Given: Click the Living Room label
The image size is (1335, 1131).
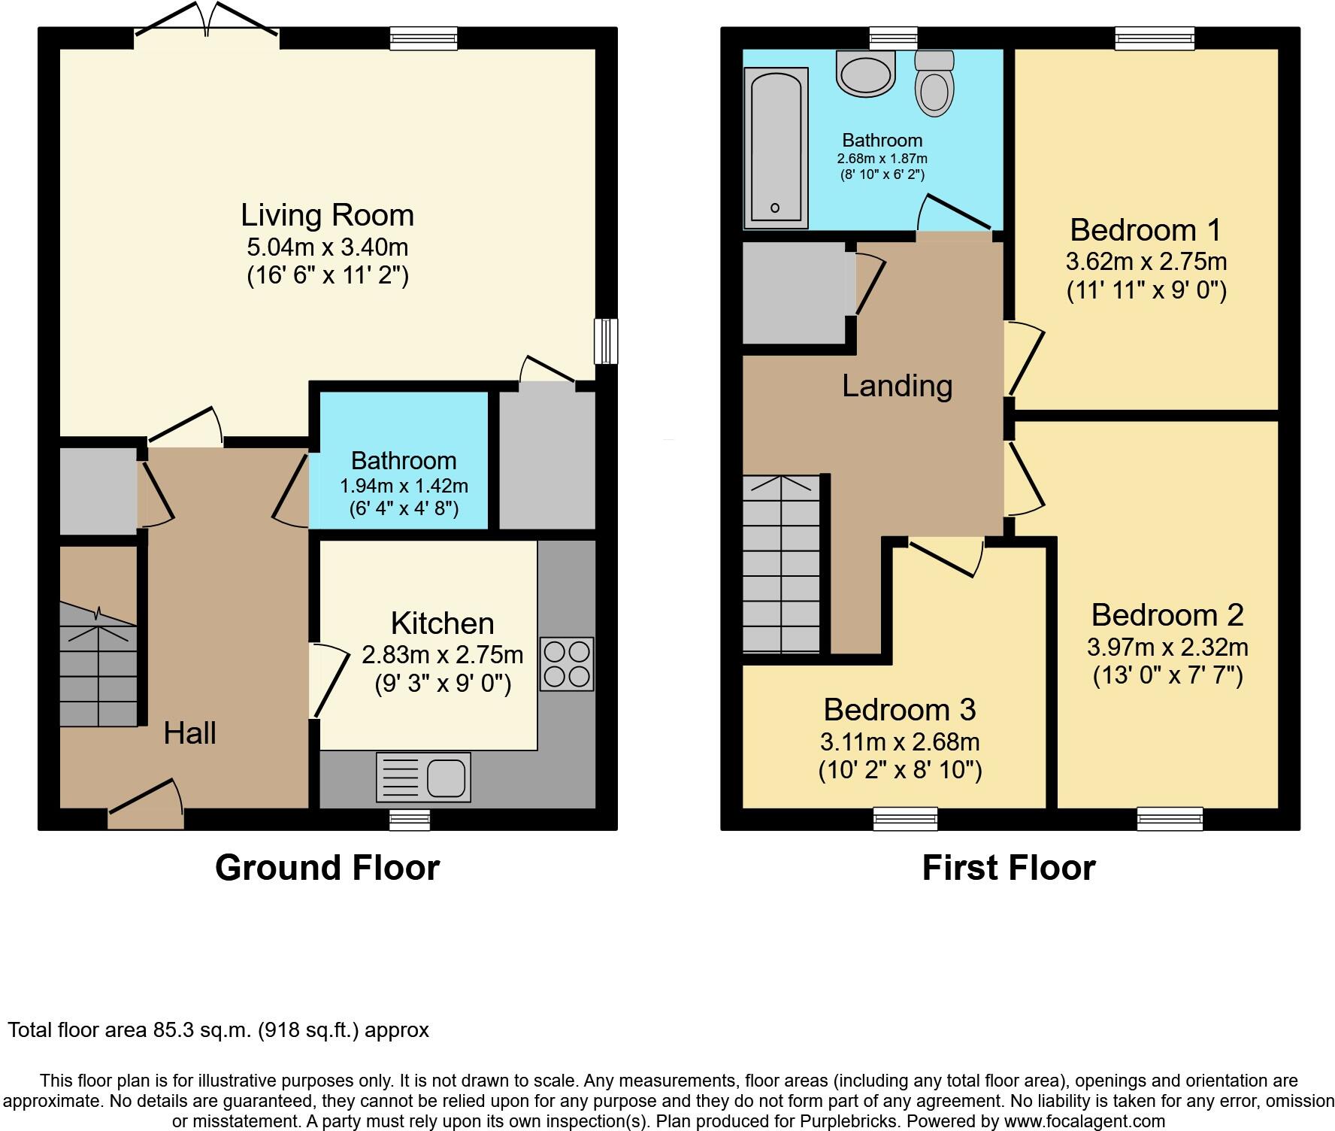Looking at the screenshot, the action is point(327,215).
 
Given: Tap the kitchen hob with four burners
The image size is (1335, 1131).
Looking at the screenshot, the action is point(567,664).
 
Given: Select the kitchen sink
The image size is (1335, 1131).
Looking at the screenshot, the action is point(423,777).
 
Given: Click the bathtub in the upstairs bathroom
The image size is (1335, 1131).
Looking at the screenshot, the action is point(776,147).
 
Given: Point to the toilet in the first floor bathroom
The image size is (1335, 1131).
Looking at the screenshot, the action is point(934,83).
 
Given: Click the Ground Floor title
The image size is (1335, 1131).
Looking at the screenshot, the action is point(327,868).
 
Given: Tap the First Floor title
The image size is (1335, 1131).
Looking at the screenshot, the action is point(1009,868).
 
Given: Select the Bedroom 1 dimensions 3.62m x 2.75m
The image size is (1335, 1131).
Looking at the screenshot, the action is point(1146,262).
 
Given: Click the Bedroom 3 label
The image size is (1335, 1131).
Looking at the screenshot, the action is point(900,709).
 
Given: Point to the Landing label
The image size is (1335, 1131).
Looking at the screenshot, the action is point(898,386).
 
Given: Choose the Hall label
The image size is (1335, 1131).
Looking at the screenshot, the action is point(190,733).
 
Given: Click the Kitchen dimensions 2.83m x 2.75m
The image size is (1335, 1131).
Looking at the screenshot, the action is point(443,655).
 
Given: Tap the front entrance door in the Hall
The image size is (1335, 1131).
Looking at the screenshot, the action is point(146,805).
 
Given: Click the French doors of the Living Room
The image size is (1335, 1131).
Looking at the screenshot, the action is point(207,21).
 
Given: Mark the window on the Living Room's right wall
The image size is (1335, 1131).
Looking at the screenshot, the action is point(606,341).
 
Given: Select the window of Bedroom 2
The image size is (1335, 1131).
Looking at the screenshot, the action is point(1170,818).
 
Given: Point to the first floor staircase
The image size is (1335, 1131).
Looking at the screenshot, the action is point(782,564).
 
